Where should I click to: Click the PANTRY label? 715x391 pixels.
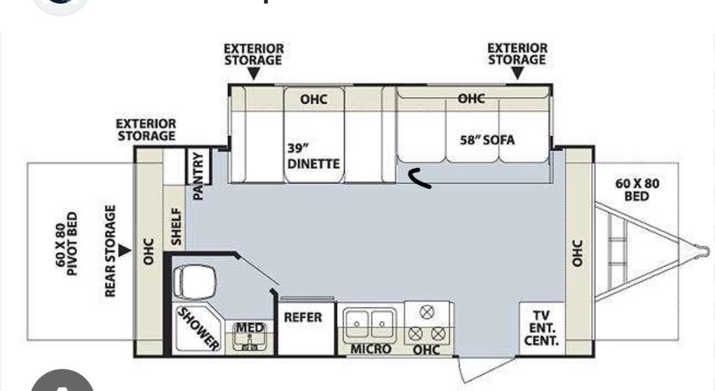pyautogui.click(x=198, y=176)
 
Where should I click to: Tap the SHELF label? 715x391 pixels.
pyautogui.click(x=176, y=226)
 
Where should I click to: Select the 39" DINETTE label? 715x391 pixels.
pyautogui.click(x=313, y=156)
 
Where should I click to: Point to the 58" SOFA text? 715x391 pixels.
pyautogui.click(x=487, y=140)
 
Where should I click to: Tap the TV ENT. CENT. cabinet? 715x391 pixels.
pyautogui.click(x=541, y=328)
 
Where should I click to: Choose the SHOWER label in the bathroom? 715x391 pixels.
pyautogui.click(x=198, y=329)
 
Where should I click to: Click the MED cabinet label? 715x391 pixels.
pyautogui.click(x=250, y=328)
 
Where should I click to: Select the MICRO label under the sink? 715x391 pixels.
pyautogui.click(x=370, y=349)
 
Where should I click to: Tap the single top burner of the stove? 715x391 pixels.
pyautogui.click(x=427, y=312)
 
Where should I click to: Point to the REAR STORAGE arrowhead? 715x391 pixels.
pyautogui.click(x=125, y=251)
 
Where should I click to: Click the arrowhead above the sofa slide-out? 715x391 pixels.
pyautogui.click(x=517, y=73)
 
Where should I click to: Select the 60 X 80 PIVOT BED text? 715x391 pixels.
pyautogui.click(x=66, y=243)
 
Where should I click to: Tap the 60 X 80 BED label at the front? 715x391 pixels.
pyautogui.click(x=636, y=190)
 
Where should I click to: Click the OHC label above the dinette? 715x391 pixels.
pyautogui.click(x=313, y=99)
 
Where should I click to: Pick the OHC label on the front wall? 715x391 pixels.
pyautogui.click(x=577, y=254)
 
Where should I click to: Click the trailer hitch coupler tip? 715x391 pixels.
pyautogui.click(x=706, y=251)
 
